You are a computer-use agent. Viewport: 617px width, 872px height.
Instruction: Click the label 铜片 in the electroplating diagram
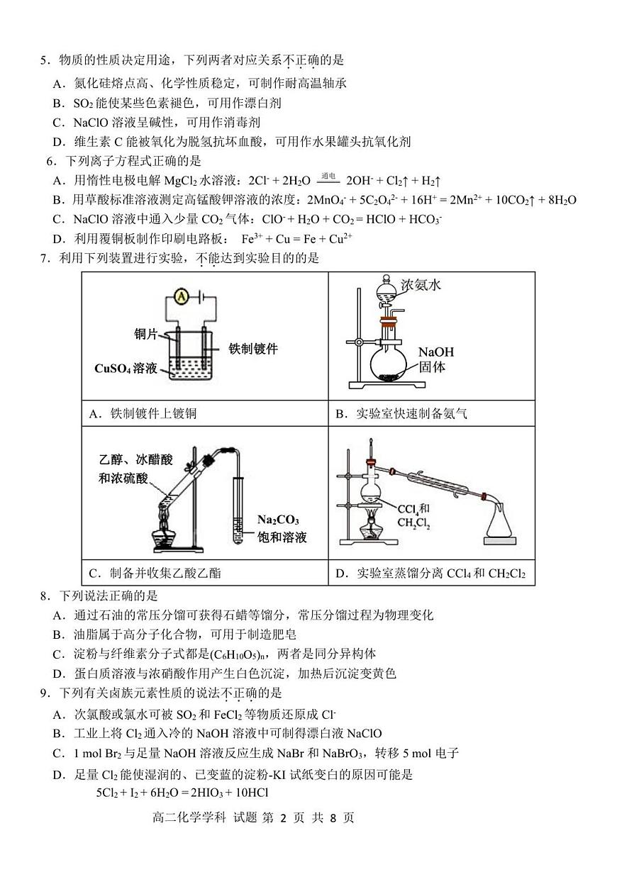click(145, 333)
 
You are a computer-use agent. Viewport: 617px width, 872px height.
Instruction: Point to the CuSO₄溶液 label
click(126, 369)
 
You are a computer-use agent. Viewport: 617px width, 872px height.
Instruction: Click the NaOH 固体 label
click(435, 359)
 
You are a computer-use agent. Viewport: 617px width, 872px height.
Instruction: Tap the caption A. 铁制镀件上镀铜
click(143, 414)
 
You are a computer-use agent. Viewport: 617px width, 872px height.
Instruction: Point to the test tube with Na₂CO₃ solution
click(239, 510)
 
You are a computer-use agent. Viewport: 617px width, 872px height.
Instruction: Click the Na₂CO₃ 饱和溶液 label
click(282, 527)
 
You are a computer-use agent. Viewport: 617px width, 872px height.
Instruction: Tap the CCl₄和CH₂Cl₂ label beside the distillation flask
click(413, 515)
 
